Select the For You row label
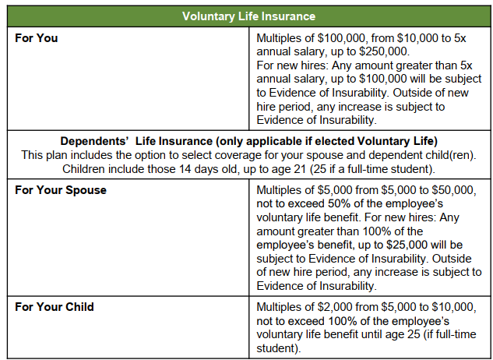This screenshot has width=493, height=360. pyautogui.click(x=36, y=37)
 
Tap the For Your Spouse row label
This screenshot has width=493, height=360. pyautogui.click(x=61, y=190)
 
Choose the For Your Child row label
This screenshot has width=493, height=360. pyautogui.click(x=55, y=307)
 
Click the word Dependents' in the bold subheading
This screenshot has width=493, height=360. pyautogui.click(x=93, y=141)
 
